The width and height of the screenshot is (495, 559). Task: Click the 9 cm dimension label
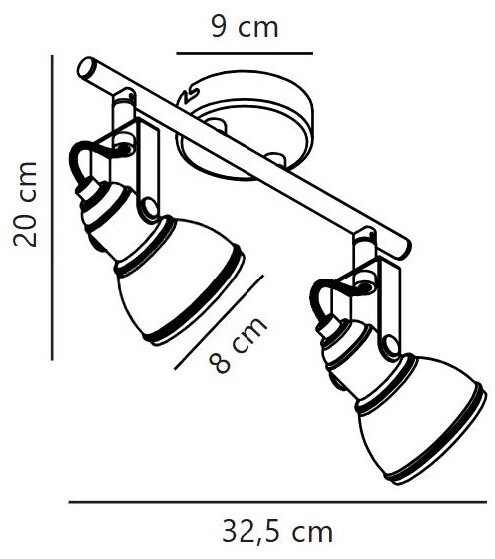(245, 27)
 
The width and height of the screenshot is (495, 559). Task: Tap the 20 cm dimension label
(25, 204)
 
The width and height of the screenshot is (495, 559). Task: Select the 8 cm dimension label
(238, 345)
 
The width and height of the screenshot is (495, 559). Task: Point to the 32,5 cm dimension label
(276, 532)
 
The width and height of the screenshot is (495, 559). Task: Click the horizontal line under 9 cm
(245, 54)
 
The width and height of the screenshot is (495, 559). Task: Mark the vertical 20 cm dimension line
(52, 208)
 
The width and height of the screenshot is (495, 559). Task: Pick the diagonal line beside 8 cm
(220, 321)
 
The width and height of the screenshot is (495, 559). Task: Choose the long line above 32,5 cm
(277, 502)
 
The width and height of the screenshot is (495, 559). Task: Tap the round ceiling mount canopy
(246, 125)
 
